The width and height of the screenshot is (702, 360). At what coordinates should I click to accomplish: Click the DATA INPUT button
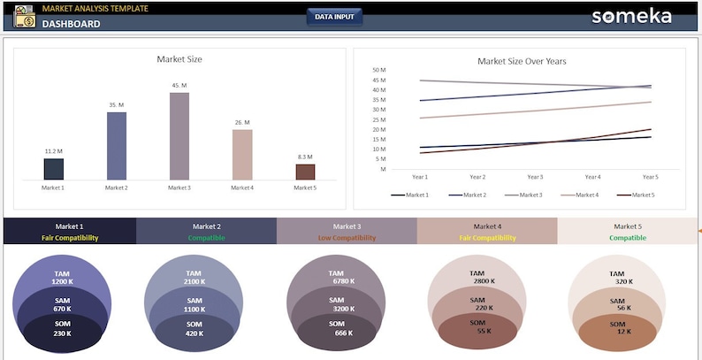[334, 17]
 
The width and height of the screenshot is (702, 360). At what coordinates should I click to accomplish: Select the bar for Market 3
[179, 136]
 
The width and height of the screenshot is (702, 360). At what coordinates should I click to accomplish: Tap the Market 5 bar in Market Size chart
[305, 172]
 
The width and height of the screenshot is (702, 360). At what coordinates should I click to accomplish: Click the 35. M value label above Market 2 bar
[117, 105]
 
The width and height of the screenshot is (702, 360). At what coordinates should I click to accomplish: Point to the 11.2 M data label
[53, 151]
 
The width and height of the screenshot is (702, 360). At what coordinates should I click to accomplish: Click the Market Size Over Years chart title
[522, 61]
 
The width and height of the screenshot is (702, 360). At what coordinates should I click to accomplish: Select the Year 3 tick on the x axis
[535, 177]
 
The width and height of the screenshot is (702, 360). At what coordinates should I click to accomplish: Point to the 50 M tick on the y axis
[379, 70]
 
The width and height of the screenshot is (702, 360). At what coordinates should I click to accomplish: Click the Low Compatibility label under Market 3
[347, 238]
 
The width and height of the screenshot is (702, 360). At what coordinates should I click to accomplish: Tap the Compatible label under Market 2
[206, 238]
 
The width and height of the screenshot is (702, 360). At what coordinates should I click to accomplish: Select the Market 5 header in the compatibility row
[628, 226]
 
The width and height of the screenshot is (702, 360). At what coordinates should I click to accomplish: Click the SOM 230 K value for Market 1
[62, 329]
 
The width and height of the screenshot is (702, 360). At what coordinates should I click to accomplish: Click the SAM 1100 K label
[195, 305]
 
